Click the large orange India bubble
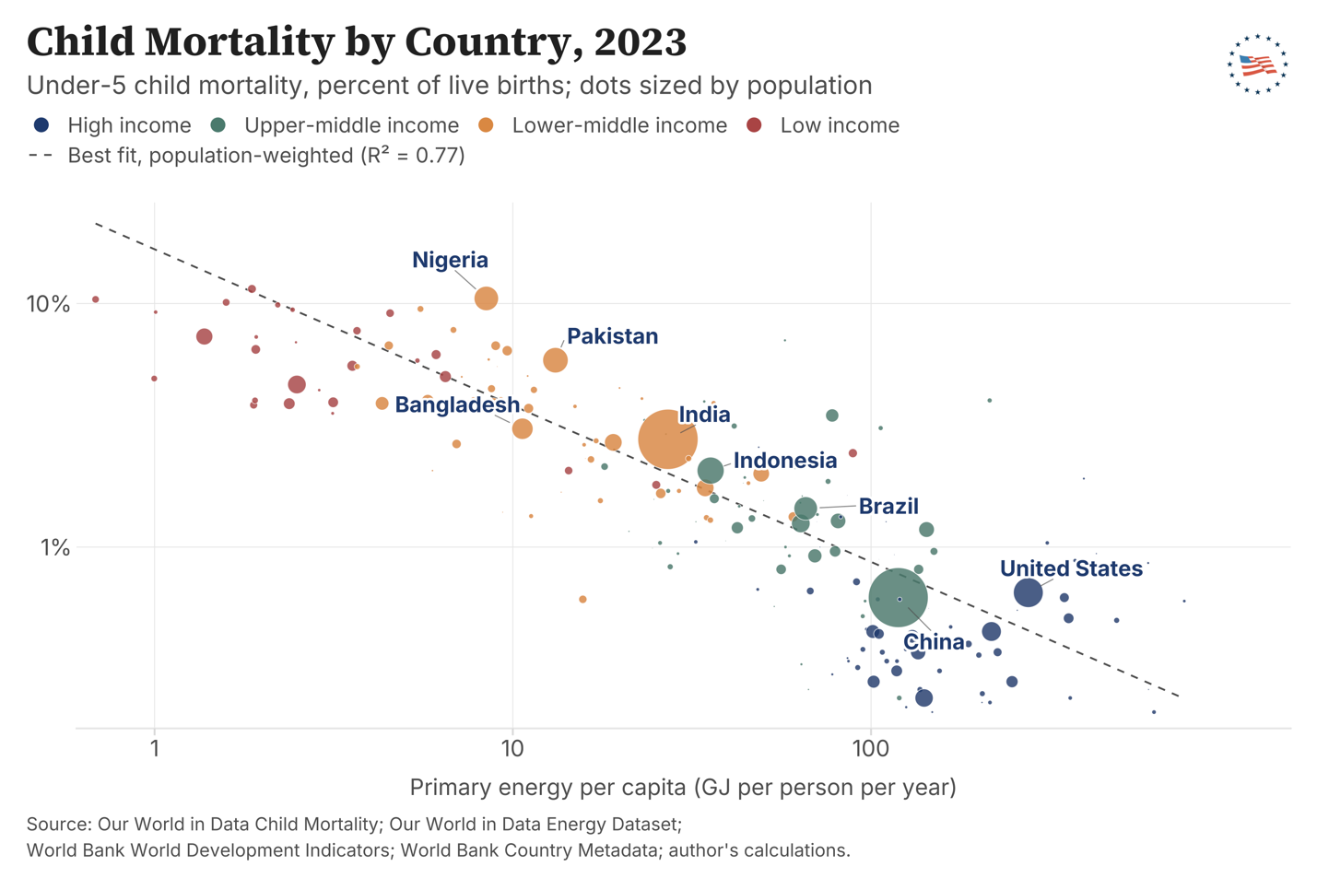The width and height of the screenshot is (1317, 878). (668, 439)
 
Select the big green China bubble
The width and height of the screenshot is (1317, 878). (898, 598)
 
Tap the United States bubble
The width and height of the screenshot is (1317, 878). (1029, 591)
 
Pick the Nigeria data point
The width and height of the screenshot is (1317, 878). (487, 298)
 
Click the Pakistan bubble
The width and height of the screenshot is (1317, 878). (555, 359)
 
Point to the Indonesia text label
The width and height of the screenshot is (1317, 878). (785, 460)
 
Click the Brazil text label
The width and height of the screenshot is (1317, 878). (888, 506)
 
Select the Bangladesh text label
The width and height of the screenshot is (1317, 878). (457, 404)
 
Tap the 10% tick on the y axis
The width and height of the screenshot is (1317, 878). (48, 304)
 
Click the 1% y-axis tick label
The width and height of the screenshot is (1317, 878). (55, 548)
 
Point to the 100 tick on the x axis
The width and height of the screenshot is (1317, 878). (871, 749)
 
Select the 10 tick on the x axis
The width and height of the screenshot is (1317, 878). (512, 749)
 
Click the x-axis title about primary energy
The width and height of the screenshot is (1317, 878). (683, 788)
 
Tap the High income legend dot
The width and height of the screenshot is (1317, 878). (41, 125)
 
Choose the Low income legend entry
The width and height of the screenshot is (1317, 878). (823, 125)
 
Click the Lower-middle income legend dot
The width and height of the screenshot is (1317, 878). (486, 125)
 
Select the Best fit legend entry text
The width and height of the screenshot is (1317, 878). (266, 156)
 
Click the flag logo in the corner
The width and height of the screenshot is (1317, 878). (1258, 64)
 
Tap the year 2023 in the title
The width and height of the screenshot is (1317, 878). (641, 41)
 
